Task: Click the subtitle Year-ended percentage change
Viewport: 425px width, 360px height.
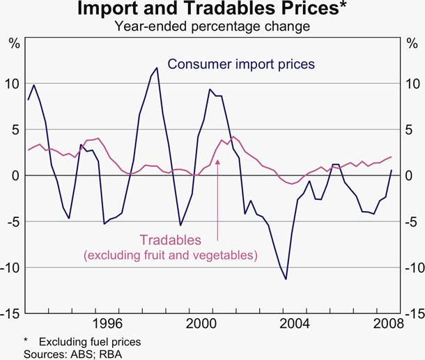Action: click(x=212, y=27)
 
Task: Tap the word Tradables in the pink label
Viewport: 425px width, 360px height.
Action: click(x=170, y=240)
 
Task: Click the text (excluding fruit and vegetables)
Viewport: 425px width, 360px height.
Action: click(x=170, y=256)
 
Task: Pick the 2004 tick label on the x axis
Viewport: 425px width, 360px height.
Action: click(x=296, y=323)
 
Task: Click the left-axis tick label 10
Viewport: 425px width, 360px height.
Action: click(x=12, y=84)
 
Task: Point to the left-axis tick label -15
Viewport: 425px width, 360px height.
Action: click(x=10, y=313)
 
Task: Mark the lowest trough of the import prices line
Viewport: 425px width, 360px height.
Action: click(x=286, y=279)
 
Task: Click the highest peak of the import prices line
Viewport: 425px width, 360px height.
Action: click(x=157, y=68)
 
